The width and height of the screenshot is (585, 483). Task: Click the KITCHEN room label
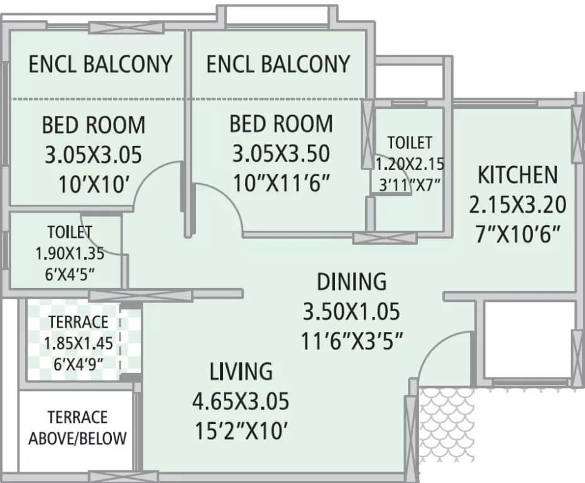point(517,175)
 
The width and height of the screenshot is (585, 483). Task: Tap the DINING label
point(351,282)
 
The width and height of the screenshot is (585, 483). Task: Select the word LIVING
point(241,372)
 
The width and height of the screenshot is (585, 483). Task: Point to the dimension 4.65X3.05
point(241,401)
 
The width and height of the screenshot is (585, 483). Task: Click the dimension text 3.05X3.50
point(281,153)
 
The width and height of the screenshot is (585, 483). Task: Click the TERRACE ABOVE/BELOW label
point(77,428)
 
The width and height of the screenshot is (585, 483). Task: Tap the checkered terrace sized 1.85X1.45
point(79,343)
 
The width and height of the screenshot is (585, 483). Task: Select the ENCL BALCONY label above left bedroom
point(101,64)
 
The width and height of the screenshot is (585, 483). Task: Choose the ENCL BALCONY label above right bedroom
point(278,64)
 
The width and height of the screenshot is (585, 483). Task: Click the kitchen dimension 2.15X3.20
point(517,204)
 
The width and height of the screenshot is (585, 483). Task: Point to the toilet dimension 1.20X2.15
point(410,165)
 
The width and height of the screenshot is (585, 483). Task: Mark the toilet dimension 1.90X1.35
point(70,254)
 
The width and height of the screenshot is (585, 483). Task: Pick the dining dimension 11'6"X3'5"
point(351,341)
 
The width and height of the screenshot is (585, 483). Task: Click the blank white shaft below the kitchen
point(528,340)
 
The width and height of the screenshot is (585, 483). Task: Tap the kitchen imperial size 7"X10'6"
point(517,234)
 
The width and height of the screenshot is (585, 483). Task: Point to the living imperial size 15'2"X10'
point(241,431)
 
